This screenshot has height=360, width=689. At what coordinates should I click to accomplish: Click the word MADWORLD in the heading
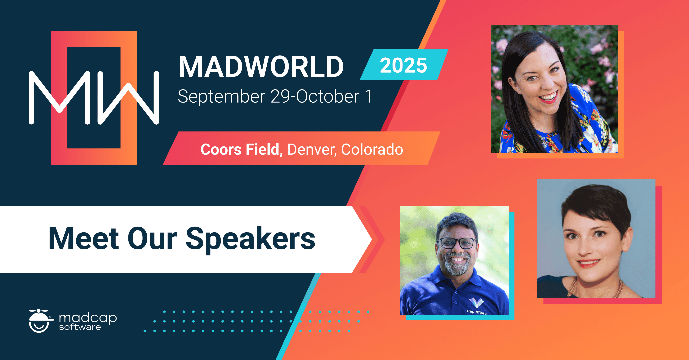coord(261,67)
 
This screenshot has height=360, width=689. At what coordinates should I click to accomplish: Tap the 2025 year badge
coord(403,65)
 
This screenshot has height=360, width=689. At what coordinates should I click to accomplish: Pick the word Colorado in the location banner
coord(372,149)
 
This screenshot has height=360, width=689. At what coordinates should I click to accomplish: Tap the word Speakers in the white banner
coord(250,239)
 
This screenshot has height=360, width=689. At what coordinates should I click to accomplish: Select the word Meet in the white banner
coord(84,239)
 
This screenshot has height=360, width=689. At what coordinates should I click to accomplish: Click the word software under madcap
coord(80,327)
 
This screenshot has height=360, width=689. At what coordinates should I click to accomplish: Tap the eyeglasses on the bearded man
coord(458,243)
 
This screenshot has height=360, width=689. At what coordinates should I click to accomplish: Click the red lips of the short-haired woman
coord(589,263)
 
